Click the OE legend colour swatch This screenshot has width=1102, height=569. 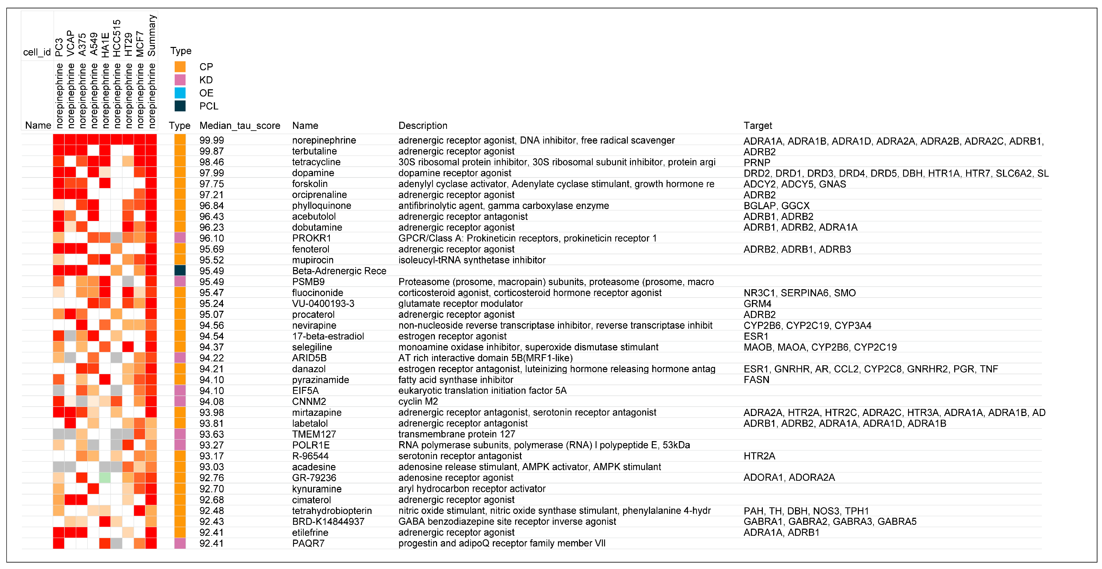click(180, 93)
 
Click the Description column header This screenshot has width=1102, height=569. click(423, 126)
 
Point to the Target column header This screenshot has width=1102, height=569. click(758, 126)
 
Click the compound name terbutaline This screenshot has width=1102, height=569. click(314, 151)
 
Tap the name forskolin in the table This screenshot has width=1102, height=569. click(310, 184)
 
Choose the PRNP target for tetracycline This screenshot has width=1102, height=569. click(757, 162)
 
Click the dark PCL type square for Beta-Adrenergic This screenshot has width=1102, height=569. click(180, 271)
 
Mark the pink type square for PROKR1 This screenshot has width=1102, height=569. click(180, 238)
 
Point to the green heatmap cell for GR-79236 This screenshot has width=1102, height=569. click(105, 477)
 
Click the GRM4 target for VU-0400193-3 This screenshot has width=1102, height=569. click(757, 304)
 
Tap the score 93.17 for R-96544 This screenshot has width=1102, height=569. click(212, 456)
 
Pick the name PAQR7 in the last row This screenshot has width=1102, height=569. click(308, 543)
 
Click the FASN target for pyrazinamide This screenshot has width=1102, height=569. click(756, 380)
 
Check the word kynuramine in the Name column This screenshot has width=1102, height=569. click(317, 489)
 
